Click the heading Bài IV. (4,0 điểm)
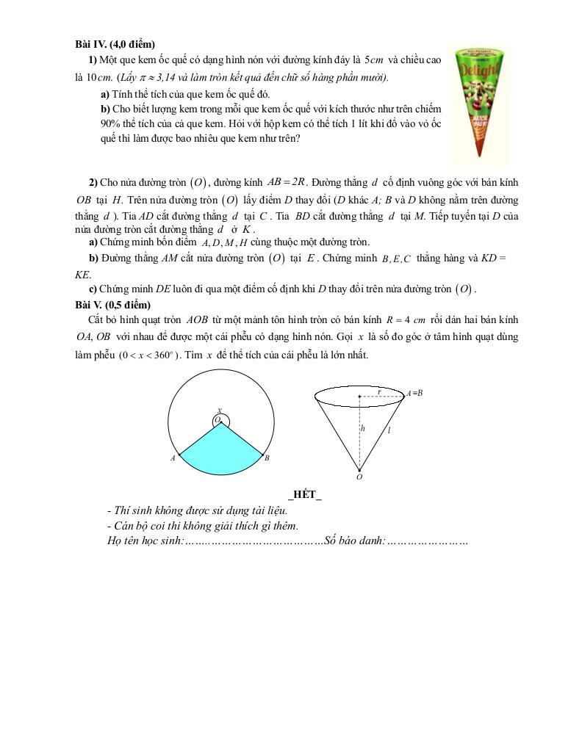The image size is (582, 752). point(115,45)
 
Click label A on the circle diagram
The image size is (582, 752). point(173,458)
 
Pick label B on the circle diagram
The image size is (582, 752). point(267,458)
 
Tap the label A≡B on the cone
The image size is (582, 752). point(414,393)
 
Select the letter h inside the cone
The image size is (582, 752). point(362,427)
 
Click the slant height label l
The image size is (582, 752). point(389,430)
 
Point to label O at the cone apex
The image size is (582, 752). point(359,477)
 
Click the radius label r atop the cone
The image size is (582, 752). point(378,391)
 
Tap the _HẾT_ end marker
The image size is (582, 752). point(305,494)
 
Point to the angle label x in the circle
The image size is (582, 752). point(218,411)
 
